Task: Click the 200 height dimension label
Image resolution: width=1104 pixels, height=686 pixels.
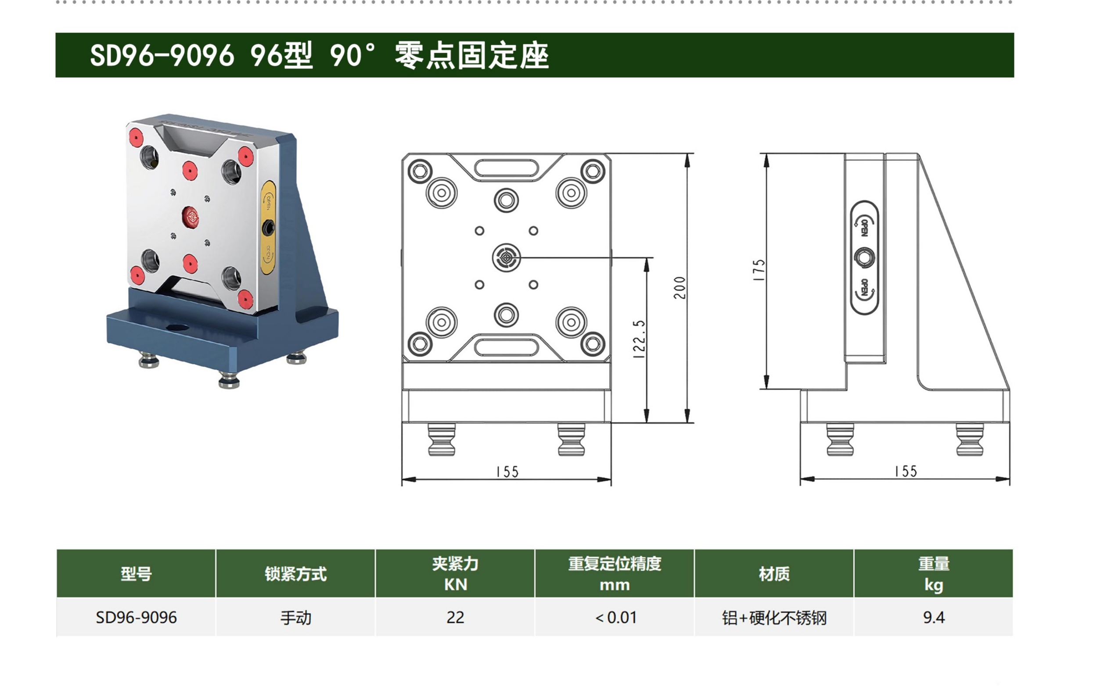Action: point(680,288)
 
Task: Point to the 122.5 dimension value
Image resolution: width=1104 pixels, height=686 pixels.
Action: point(639,339)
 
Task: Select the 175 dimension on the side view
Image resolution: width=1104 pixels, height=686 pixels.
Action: point(759,270)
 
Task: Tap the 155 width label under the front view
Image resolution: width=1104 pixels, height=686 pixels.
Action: point(507,472)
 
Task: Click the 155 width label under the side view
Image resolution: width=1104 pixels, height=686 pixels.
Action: point(906,472)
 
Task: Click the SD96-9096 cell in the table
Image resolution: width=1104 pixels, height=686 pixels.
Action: point(136,618)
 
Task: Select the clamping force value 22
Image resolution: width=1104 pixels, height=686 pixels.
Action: point(455,618)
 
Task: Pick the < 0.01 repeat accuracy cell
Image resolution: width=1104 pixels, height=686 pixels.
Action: point(615,618)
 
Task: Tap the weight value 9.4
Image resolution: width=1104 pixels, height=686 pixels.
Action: point(934,618)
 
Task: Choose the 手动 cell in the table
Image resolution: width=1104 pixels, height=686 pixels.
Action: point(296,618)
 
